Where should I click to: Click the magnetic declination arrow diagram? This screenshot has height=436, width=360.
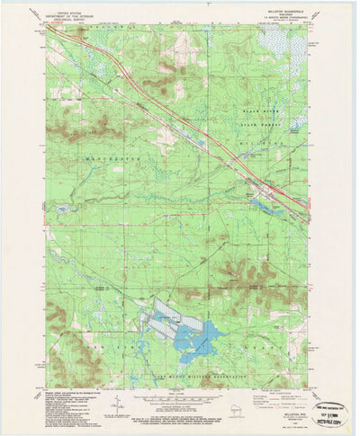pyautogui.click(x=117, y=405)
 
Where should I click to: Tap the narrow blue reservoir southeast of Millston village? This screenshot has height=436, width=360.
pyautogui.click(x=269, y=207)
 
